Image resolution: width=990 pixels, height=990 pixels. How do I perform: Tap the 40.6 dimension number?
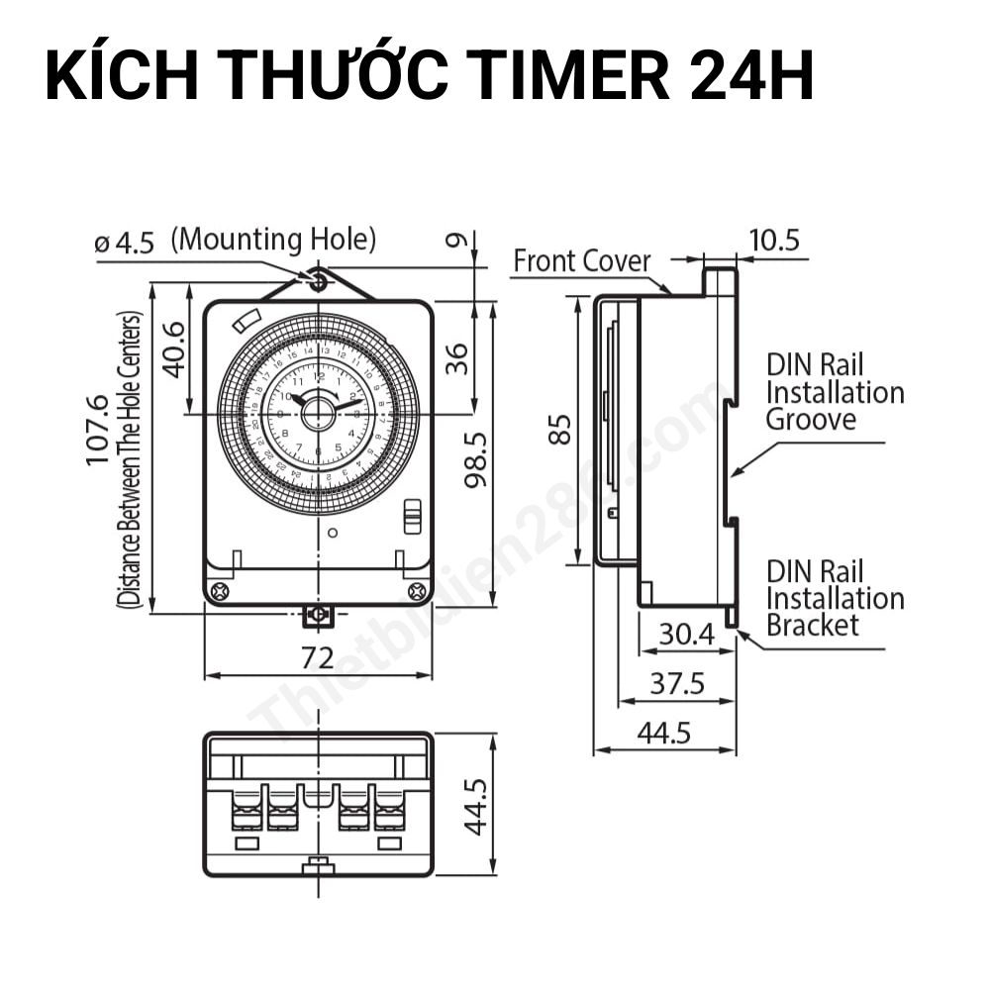(x=175, y=348)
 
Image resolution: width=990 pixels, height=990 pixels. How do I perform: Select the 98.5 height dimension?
(x=479, y=458)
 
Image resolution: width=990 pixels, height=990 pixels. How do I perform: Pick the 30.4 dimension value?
(x=686, y=634)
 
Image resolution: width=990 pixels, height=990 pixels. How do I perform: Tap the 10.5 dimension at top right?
(x=774, y=241)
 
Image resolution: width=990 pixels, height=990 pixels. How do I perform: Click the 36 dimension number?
(x=457, y=359)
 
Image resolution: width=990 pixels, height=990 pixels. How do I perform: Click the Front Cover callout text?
(x=582, y=261)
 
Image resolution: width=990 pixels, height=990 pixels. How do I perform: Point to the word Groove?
(x=811, y=419)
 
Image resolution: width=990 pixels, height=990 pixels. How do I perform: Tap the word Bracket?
(x=813, y=625)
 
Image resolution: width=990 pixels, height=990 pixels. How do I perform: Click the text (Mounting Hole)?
(x=273, y=239)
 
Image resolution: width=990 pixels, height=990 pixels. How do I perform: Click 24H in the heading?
(x=751, y=76)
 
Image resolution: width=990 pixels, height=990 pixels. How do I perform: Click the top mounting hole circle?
(x=318, y=281)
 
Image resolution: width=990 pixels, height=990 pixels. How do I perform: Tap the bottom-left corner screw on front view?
(x=220, y=591)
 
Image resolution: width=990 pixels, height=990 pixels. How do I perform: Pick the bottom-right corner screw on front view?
(x=416, y=591)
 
